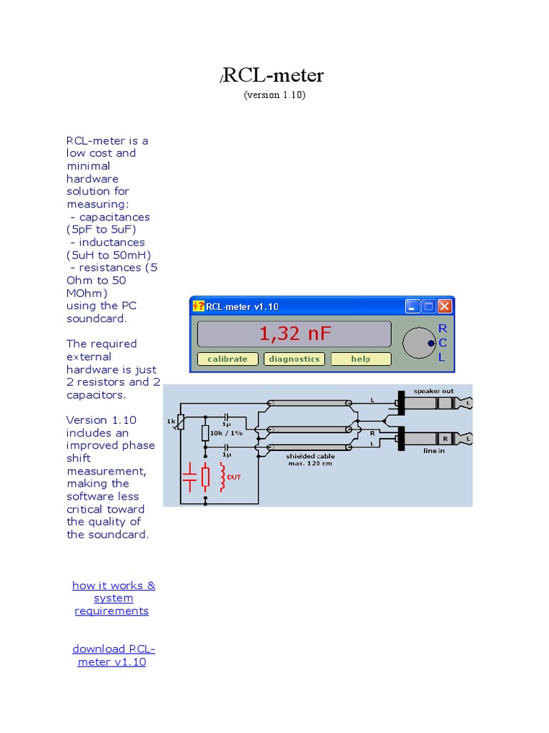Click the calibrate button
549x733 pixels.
click(227, 359)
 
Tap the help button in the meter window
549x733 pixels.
click(361, 359)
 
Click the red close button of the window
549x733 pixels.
click(445, 306)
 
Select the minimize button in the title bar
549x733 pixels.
click(412, 306)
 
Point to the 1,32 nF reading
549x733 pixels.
click(295, 334)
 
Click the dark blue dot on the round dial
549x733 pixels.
click(430, 344)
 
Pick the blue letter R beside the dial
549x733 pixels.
click(442, 329)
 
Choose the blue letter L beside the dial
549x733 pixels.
click(442, 357)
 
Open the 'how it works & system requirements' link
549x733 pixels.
click(113, 598)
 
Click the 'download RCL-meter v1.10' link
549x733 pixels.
click(113, 655)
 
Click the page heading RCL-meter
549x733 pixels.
click(274, 76)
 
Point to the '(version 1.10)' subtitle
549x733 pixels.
click(274, 94)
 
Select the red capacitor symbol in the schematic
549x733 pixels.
click(189, 477)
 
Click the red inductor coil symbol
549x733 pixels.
click(223, 477)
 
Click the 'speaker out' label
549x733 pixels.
click(433, 391)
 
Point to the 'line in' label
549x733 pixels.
click(434, 452)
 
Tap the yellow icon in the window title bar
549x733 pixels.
click(198, 306)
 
